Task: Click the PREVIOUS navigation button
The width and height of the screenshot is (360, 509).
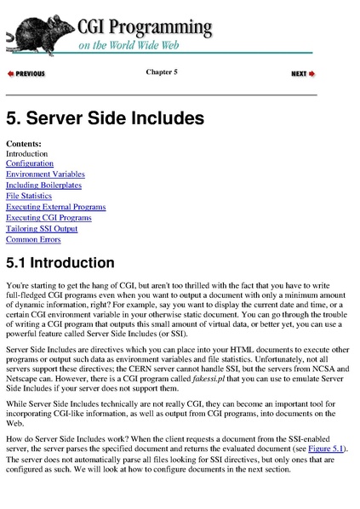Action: point(26,74)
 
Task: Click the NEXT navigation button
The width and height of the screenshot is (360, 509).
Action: point(303,74)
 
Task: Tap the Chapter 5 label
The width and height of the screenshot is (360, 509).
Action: point(162,72)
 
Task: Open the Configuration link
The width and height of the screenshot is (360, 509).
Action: point(30,163)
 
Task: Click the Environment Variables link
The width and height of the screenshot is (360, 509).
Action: point(45,174)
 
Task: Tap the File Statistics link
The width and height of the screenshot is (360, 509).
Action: point(30,196)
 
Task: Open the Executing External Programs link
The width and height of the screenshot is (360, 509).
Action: point(56,207)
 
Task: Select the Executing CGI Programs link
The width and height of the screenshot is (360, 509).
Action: point(49,218)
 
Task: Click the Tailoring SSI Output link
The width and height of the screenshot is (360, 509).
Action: point(42,229)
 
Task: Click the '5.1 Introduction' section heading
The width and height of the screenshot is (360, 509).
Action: point(60,263)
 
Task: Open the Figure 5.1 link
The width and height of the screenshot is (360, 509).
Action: point(327,448)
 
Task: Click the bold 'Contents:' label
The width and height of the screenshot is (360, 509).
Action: point(24,142)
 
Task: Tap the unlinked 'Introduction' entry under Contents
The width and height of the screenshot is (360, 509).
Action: point(27,153)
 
